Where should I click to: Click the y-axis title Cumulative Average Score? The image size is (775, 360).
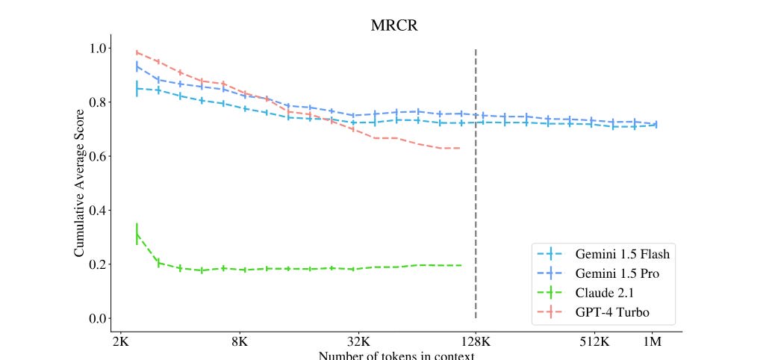tap(79, 182)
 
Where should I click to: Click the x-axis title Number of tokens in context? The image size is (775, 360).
tap(396, 356)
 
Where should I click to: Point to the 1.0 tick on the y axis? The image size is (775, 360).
tap(96, 49)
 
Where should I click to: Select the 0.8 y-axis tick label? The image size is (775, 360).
tap(96, 102)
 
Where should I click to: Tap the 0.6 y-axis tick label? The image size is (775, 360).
tap(96, 156)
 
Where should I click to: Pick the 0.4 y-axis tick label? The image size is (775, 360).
tap(96, 211)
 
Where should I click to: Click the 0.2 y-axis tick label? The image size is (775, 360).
tap(96, 264)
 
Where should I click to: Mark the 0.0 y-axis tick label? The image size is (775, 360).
tap(96, 319)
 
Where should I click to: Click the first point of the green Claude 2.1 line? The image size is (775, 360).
tap(137, 234)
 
